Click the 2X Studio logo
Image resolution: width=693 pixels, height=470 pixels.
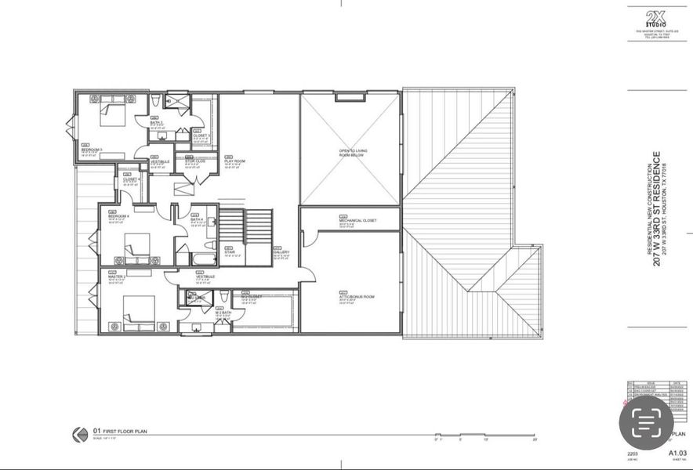(x=655, y=18)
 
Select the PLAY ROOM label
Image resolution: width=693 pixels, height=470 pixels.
(x=234, y=161)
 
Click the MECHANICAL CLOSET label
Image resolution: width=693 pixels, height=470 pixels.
(x=357, y=221)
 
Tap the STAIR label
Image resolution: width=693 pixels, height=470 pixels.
(x=230, y=252)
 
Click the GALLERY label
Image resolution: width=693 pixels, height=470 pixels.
(x=281, y=252)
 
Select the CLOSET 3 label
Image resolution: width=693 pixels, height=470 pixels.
(x=201, y=136)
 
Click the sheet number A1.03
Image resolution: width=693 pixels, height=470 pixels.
(x=677, y=453)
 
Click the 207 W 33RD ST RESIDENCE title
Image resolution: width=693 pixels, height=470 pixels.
(x=656, y=208)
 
